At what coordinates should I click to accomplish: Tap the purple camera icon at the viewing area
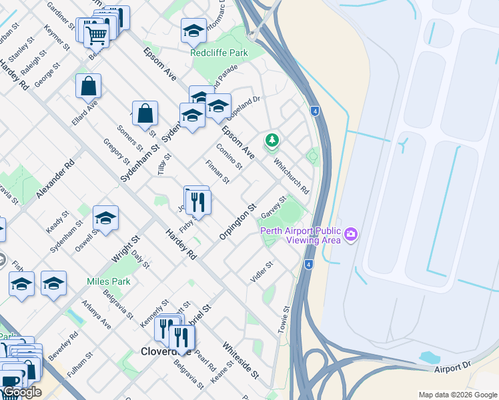(351, 234)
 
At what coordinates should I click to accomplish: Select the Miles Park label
(109, 281)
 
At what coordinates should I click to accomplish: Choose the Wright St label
(125, 247)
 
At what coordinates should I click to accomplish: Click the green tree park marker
(272, 140)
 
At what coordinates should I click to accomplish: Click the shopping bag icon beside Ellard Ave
(88, 87)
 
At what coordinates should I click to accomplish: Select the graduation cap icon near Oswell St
(105, 218)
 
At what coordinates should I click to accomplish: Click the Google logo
(21, 392)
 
